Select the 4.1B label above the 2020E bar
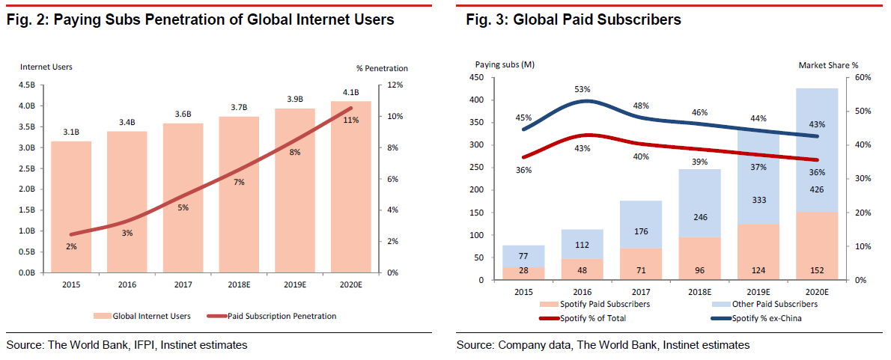pos(351,93)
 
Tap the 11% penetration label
pos(350,120)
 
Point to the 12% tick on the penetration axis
pos(393,85)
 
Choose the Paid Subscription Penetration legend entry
pos(290,316)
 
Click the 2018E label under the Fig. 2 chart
pos(239,284)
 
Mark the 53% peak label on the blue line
pos(583,90)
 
